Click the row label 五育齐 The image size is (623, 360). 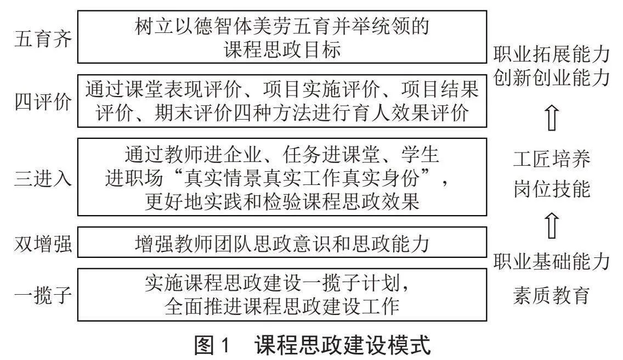(x=43, y=39)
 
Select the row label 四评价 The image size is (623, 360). (x=43, y=102)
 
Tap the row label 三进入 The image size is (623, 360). (x=43, y=177)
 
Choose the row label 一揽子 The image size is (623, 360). (x=43, y=295)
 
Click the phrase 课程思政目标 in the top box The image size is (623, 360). (x=282, y=50)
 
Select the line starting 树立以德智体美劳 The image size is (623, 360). (x=282, y=26)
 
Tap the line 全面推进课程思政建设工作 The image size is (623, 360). (x=282, y=306)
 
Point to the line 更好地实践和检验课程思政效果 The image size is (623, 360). (x=282, y=201)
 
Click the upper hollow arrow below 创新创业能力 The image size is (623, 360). (x=552, y=118)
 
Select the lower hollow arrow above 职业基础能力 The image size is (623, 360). (x=552, y=226)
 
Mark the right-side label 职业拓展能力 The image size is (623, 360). (x=552, y=54)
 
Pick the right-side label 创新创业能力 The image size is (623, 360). (x=552, y=77)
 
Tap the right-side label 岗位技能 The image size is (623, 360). (x=552, y=188)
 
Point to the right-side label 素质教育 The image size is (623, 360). (x=552, y=295)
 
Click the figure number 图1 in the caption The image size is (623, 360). (x=212, y=345)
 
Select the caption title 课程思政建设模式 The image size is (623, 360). (x=343, y=345)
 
